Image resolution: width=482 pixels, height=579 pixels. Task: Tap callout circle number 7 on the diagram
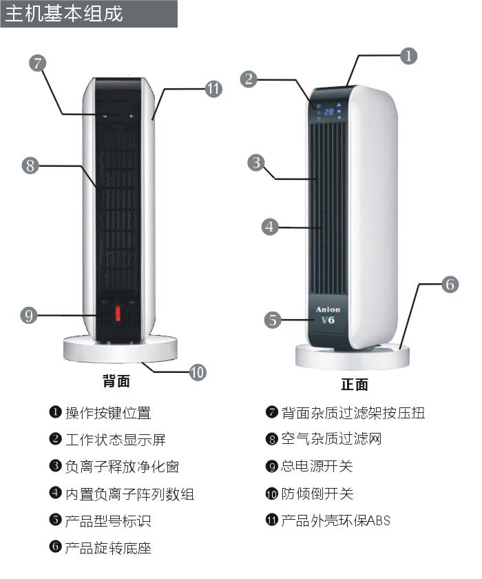pos(38,63)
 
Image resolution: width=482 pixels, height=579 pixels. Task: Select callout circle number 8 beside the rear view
pos(29,165)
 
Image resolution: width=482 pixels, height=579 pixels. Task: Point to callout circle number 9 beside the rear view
pos(28,316)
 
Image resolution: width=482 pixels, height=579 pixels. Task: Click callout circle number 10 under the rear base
pos(197,372)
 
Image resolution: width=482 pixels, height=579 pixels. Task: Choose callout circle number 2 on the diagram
pos(249,79)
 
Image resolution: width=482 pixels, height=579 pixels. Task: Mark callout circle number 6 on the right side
pos(449,284)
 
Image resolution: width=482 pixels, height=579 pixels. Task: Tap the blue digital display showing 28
pos(328,112)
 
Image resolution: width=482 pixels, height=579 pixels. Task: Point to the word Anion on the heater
pos(328,309)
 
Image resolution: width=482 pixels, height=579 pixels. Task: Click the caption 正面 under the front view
pos(355,385)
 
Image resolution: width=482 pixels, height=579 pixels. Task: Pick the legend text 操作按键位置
pos(107,413)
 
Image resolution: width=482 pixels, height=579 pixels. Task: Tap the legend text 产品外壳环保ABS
pos(335,520)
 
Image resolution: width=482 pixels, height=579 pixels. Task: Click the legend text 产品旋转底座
pos(107,548)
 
